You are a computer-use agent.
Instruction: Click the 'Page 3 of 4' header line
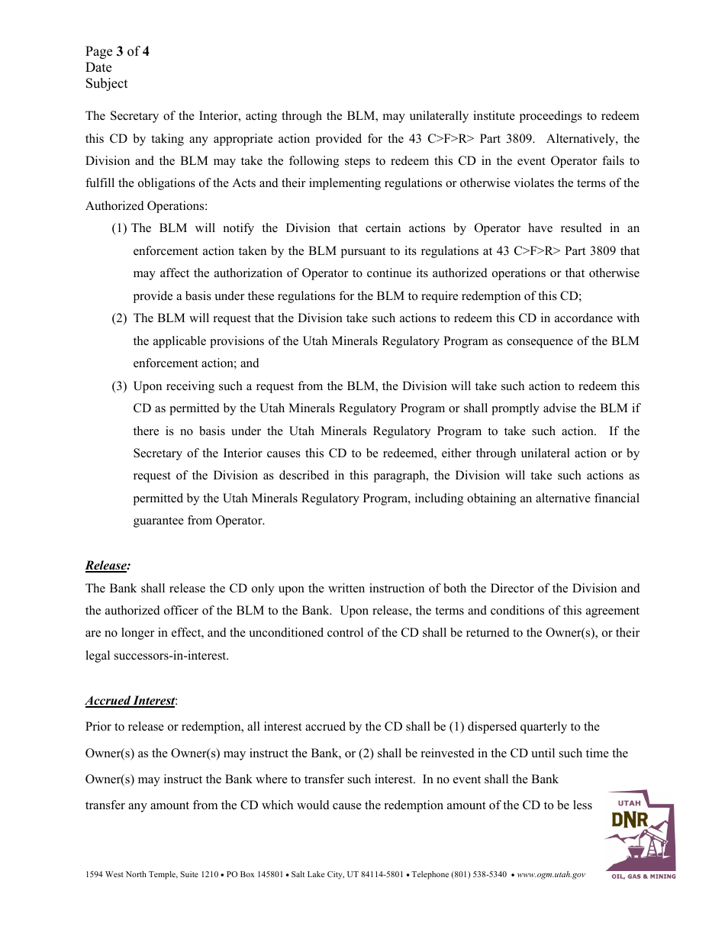coord(117,52)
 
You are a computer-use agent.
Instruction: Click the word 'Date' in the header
coord(98,68)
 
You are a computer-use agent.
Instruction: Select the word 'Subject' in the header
coord(106,84)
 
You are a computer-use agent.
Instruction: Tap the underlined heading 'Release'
coord(106,566)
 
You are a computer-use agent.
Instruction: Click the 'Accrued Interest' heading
coord(130,701)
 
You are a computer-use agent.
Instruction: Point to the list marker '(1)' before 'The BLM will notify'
coord(120,228)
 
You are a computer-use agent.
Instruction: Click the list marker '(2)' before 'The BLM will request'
coord(119,318)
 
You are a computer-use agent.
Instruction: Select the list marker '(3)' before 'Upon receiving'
coord(119,386)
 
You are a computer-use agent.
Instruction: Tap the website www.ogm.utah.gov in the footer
coord(551,875)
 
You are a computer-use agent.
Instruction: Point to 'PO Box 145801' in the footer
coord(255,875)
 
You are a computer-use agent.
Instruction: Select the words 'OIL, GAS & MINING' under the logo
coord(643,876)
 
